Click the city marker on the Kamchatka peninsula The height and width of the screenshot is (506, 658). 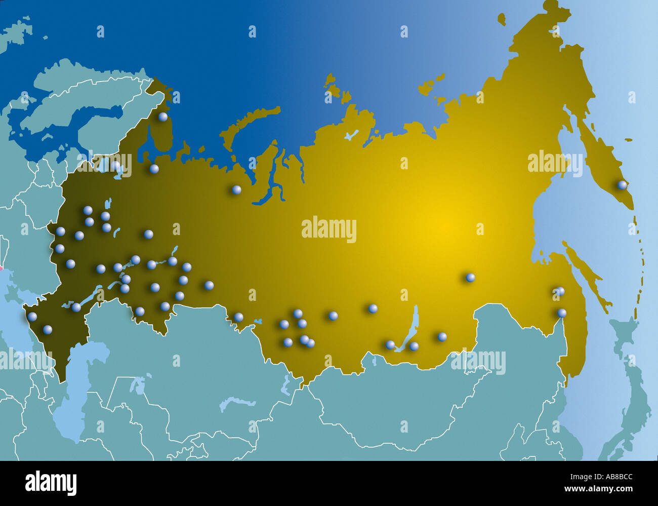click(622, 185)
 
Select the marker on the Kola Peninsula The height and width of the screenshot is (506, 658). click(163, 116)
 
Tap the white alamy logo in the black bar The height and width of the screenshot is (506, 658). click(51, 483)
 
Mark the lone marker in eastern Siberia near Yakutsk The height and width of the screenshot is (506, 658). click(470, 277)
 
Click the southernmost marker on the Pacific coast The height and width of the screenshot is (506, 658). click(562, 313)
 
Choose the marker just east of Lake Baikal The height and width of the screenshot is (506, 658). click(414, 346)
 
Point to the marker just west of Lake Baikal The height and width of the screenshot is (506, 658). click(390, 344)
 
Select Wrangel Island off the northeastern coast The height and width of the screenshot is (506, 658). click(501, 20)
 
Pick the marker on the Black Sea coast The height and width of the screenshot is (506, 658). click(32, 316)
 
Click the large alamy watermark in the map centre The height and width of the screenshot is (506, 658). click(328, 229)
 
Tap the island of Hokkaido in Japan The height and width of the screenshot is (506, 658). click(625, 337)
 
